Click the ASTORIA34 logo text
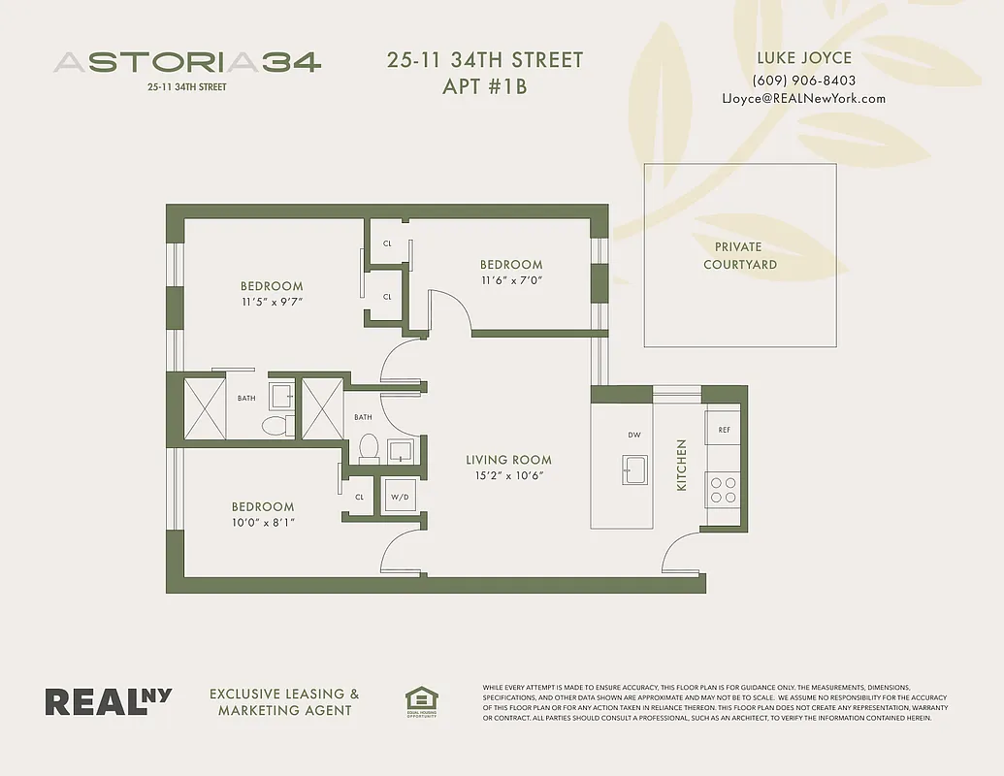[x=187, y=62]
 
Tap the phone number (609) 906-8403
[x=804, y=81]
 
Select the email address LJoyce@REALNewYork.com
[x=804, y=98]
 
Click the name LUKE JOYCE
[x=804, y=58]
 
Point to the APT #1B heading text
[x=484, y=85]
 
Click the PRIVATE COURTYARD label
[x=739, y=255]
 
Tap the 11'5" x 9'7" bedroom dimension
[x=272, y=302]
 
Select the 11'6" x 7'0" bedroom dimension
[x=510, y=280]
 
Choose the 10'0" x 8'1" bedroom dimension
[x=262, y=522]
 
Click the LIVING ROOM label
[x=508, y=460]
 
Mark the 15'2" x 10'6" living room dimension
[x=508, y=475]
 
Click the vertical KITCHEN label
[x=681, y=464]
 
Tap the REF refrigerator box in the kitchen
[x=724, y=429]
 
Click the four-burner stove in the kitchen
[x=723, y=489]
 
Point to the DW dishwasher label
[x=634, y=436]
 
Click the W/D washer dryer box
[x=401, y=497]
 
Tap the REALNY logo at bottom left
[x=108, y=701]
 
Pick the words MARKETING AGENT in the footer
[x=284, y=711]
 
